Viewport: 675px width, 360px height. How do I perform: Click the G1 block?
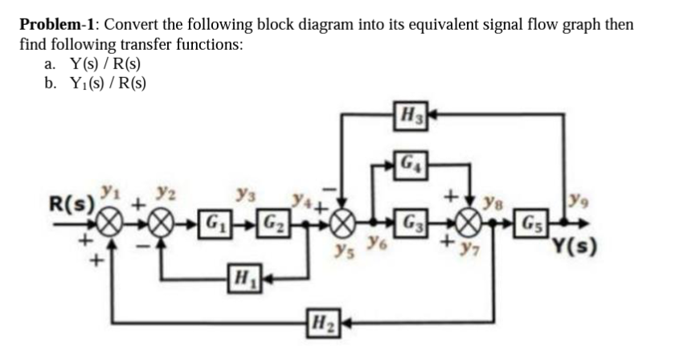coord(214,220)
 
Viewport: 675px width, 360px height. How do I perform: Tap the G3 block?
coord(411,220)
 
